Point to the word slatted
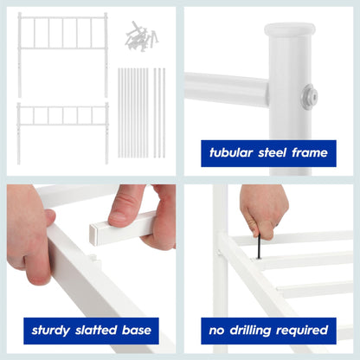click(97, 330)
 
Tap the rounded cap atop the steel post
click(290, 32)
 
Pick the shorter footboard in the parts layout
click(62, 121)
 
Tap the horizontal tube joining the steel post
click(227, 89)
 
